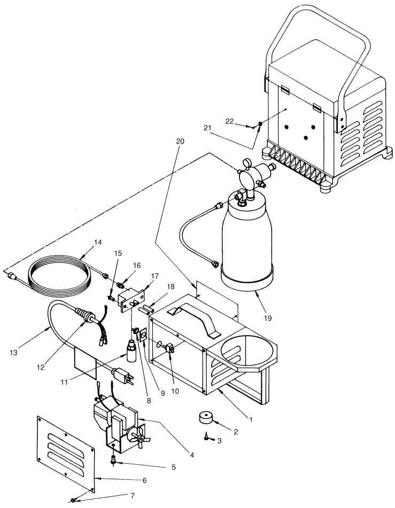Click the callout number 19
[x=267, y=319]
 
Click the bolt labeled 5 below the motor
[x=113, y=459]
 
